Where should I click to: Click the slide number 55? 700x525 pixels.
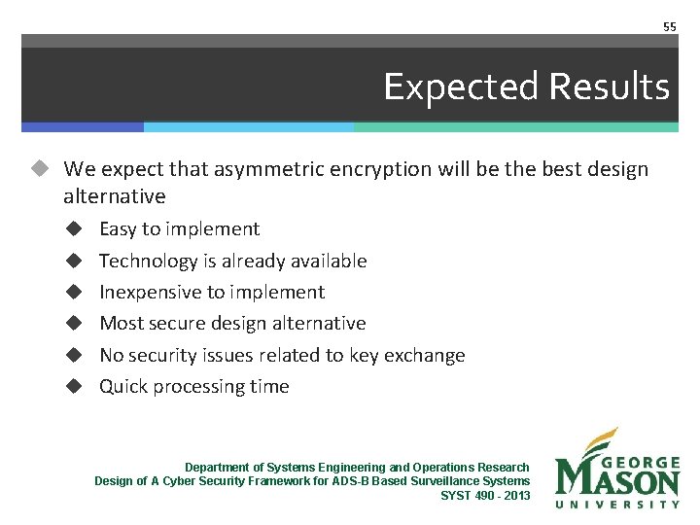click(669, 26)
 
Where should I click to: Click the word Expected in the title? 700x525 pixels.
click(461, 87)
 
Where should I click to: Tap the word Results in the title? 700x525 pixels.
click(610, 87)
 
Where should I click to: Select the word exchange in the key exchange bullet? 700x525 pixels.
click(426, 356)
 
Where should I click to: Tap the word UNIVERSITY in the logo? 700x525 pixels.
click(617, 504)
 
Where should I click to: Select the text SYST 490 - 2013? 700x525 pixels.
click(485, 496)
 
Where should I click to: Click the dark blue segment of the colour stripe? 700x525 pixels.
click(83, 126)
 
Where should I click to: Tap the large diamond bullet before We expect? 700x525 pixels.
click(38, 169)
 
